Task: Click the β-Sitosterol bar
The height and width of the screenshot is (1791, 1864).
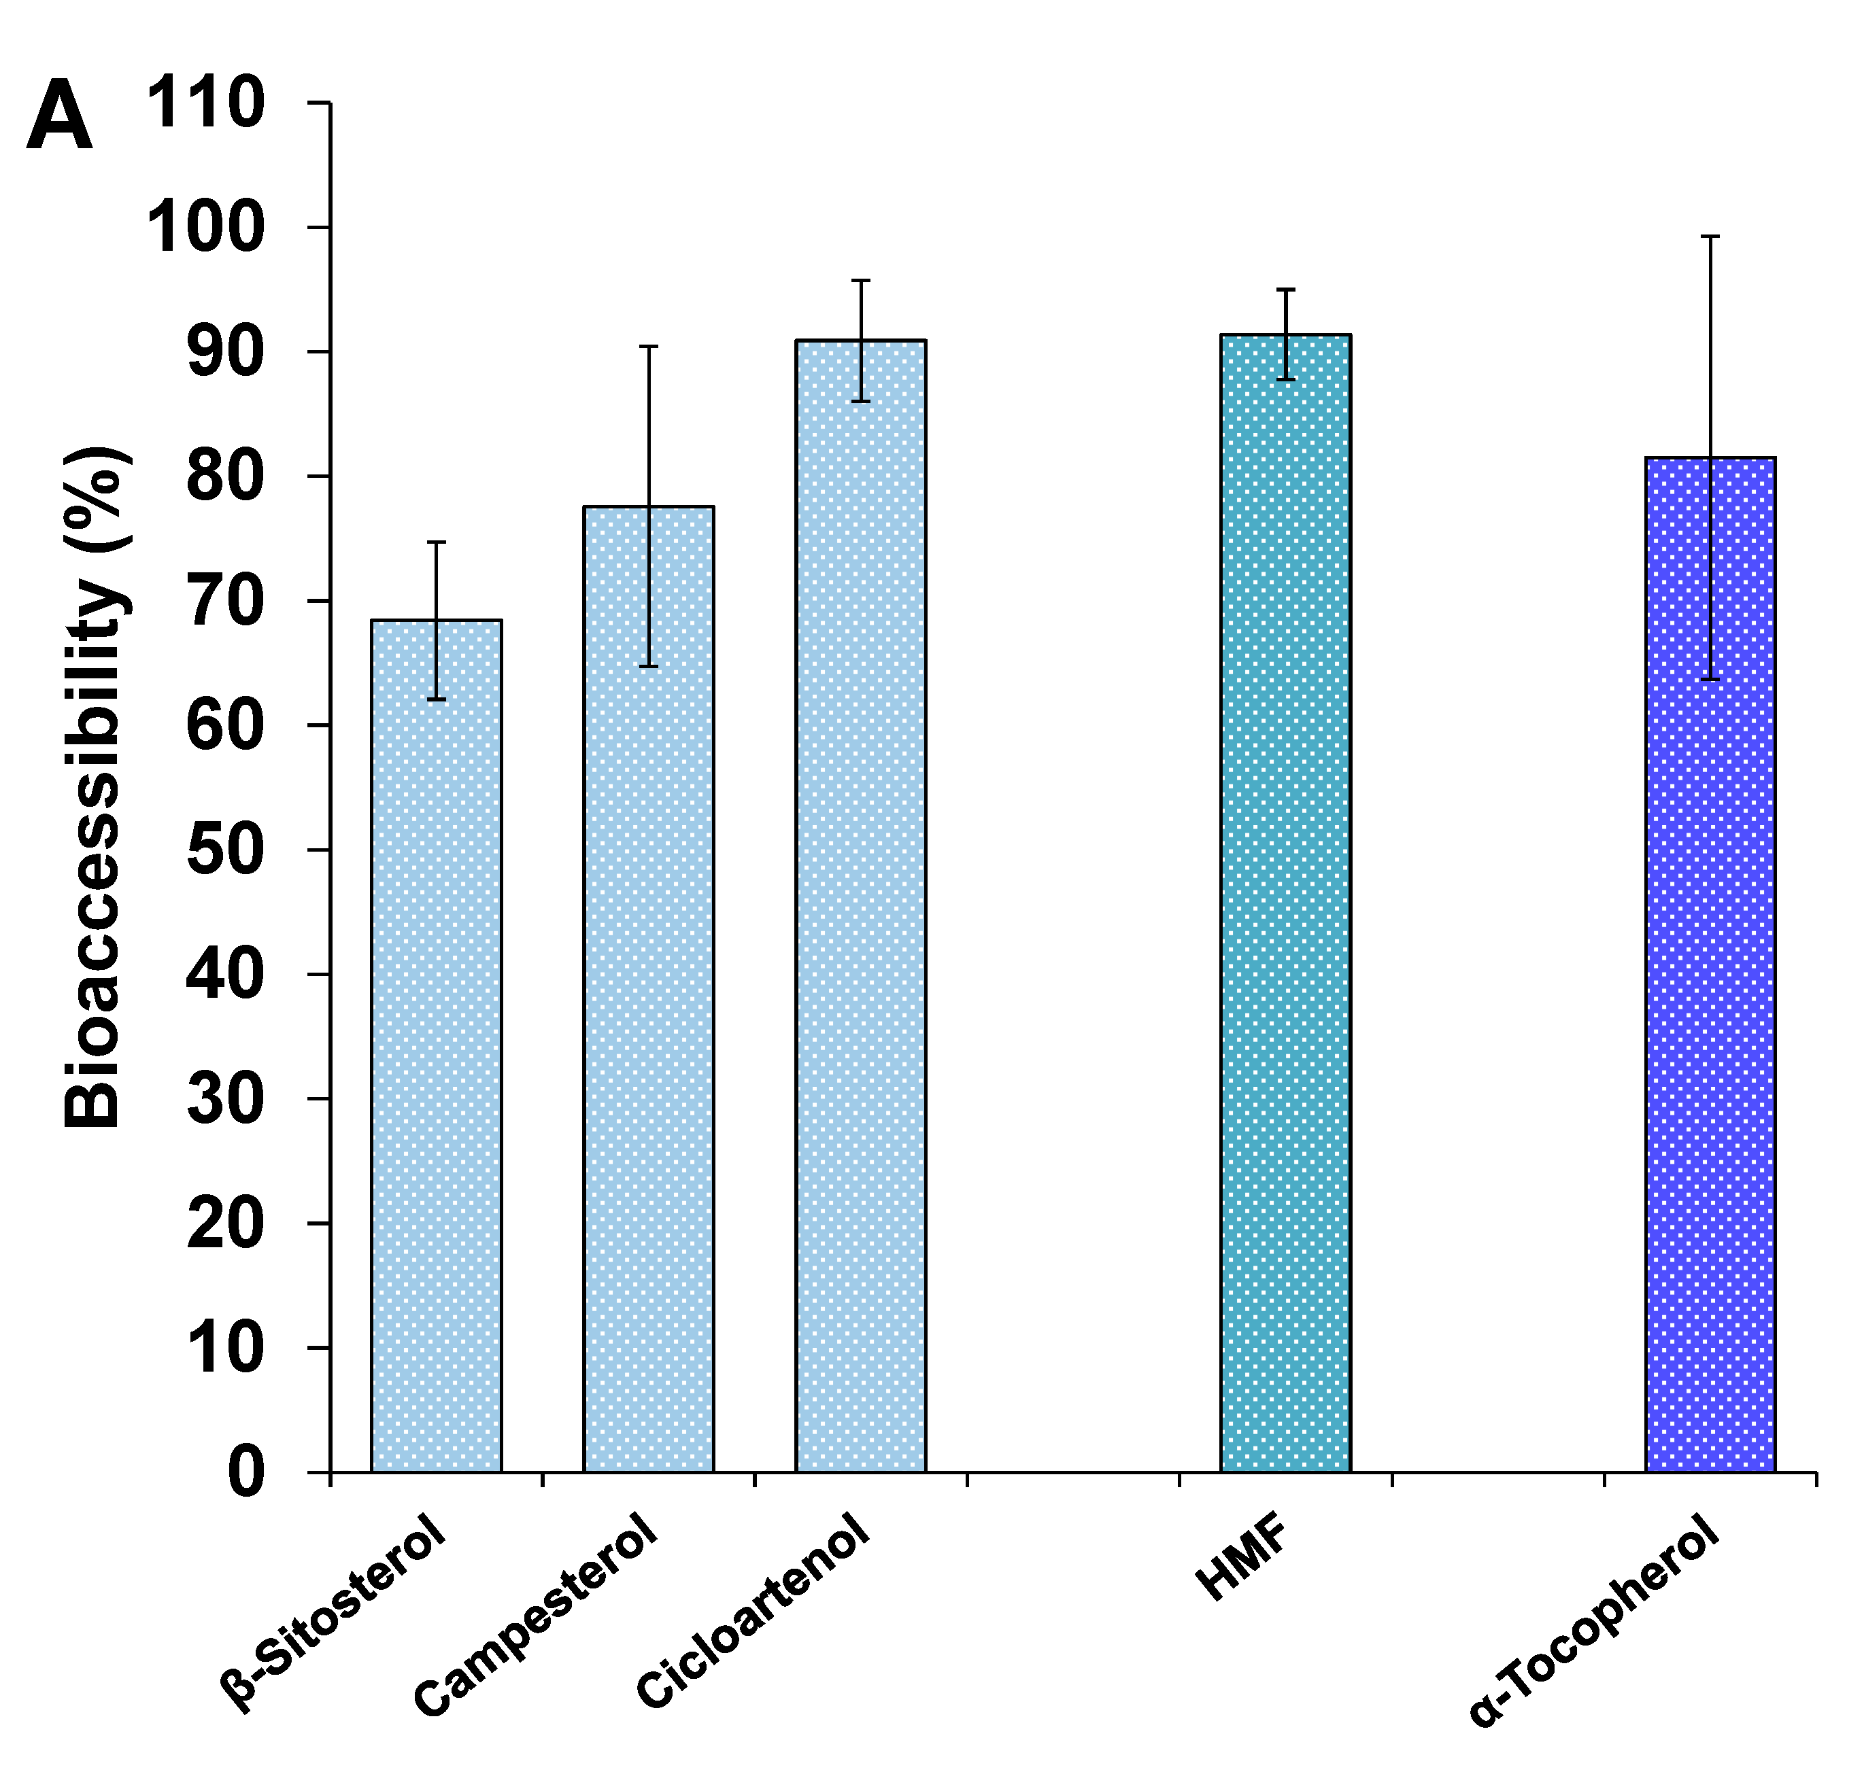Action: [x=437, y=1045]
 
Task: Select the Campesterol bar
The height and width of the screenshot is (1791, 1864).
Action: [x=649, y=989]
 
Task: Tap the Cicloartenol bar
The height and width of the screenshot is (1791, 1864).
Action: [x=861, y=903]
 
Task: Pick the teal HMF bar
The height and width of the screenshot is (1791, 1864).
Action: [x=1286, y=903]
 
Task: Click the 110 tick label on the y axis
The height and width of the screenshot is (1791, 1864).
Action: [x=205, y=103]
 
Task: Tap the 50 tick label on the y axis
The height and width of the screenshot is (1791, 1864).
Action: [x=224, y=850]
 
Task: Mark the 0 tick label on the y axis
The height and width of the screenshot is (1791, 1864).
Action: [x=245, y=1472]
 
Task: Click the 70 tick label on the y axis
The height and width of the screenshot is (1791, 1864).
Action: [x=224, y=601]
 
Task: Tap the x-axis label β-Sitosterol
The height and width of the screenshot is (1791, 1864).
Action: [x=333, y=1616]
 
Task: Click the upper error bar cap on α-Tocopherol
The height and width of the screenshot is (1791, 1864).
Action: [x=1711, y=236]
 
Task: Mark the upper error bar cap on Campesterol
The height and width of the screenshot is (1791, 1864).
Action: [x=649, y=347]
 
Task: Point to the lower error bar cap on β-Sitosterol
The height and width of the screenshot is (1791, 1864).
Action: [x=437, y=699]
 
